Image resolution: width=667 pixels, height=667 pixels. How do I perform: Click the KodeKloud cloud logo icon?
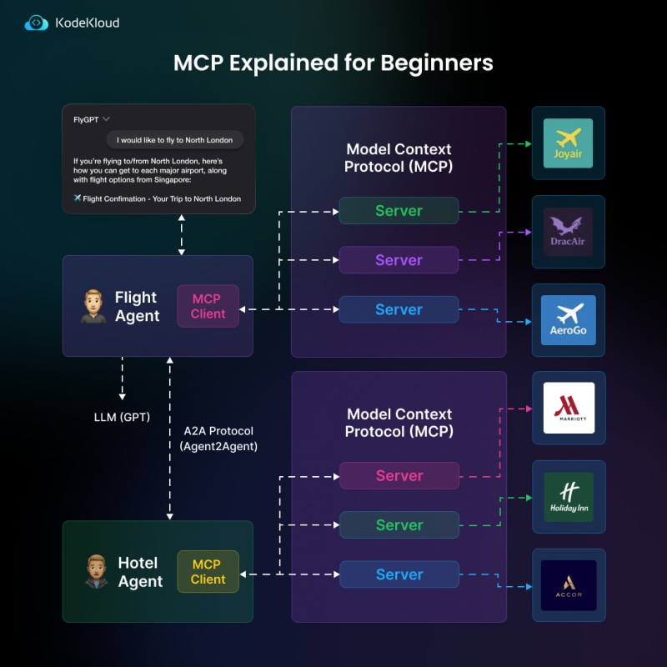37,23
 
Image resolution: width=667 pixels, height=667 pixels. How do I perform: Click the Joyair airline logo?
568,143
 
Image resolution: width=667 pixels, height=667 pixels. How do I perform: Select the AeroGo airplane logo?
568,320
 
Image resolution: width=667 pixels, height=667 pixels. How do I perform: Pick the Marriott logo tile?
568,408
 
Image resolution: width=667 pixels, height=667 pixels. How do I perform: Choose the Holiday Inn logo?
568,497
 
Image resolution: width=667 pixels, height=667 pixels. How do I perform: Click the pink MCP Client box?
208,306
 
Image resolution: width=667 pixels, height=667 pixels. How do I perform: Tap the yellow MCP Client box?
208,571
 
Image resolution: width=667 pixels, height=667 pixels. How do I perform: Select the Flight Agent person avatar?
93,306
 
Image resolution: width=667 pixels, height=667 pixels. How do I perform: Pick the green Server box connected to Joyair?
399,211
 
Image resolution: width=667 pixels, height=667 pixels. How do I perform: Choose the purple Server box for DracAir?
399,260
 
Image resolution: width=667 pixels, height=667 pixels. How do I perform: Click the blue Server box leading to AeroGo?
399,309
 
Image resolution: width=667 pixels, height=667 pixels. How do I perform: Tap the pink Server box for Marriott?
399,475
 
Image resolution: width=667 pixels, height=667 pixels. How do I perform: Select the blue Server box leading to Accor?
399,574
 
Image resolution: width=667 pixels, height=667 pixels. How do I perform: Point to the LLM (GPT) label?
122,416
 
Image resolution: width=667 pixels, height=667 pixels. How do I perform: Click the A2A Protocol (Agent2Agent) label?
218,439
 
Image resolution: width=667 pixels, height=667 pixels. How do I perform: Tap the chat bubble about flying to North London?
175,140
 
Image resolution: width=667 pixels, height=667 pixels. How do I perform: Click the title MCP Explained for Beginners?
333,63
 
